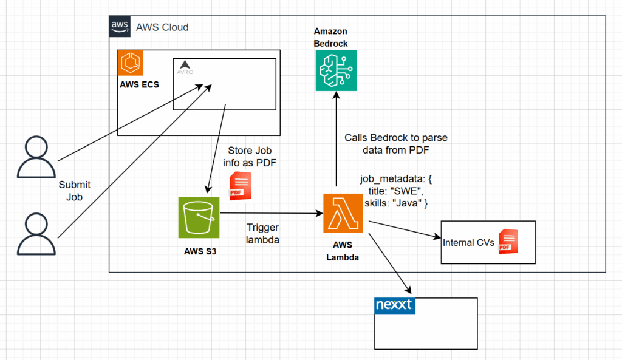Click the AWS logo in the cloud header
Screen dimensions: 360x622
click(120, 27)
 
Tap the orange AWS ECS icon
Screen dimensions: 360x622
click(130, 63)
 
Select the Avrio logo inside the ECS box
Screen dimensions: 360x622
click(185, 67)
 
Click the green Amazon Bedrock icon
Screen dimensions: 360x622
click(336, 71)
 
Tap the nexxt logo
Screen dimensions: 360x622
click(394, 305)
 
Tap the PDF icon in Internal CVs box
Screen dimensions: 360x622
click(507, 242)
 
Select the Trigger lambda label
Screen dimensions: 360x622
click(262, 233)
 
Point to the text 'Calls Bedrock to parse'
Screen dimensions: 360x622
click(395, 138)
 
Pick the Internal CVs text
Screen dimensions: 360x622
click(467, 243)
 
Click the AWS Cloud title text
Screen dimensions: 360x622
click(162, 27)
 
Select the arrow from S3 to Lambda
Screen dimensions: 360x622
click(270, 213)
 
